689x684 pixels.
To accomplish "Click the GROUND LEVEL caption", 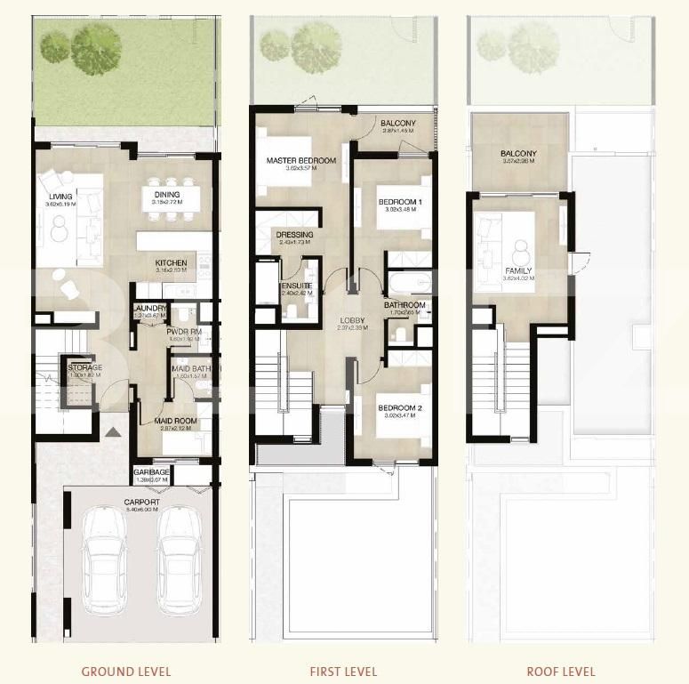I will (x=125, y=672).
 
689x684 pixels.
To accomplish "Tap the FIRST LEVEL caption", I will (x=343, y=672).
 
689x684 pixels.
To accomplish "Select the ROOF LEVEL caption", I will (x=560, y=672).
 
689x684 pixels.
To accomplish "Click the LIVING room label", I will (x=60, y=197).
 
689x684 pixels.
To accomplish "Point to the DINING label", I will (x=166, y=195).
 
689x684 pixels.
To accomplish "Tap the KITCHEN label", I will (x=170, y=263).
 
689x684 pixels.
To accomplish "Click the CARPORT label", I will (x=142, y=503).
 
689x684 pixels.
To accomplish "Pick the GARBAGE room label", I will (x=151, y=472).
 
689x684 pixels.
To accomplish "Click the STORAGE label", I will (x=85, y=367).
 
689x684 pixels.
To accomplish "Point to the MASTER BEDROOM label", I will (x=301, y=161).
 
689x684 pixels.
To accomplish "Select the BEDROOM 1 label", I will (x=400, y=202).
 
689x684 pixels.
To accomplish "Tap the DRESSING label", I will (x=295, y=235).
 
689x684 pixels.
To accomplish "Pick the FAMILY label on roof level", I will (x=518, y=271).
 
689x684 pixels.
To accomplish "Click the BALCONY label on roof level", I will (x=518, y=153).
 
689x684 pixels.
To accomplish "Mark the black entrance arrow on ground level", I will (x=112, y=433).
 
